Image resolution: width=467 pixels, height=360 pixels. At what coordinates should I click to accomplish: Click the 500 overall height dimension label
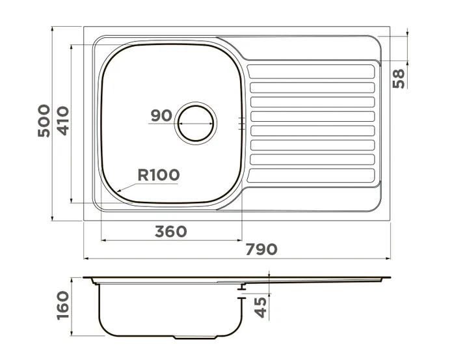(44, 120)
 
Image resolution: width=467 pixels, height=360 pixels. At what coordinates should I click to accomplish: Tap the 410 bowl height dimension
(63, 120)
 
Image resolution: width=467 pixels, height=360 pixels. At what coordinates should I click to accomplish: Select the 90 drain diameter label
(161, 116)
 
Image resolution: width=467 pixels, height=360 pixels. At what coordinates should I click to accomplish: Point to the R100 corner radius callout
(159, 175)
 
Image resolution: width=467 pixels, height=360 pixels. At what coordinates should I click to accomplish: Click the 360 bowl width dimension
(171, 232)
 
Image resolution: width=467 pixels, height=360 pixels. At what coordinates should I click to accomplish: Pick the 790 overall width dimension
(261, 249)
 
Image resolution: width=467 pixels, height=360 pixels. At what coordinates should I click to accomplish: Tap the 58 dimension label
(399, 78)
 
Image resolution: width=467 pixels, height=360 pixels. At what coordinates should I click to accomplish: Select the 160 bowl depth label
(63, 305)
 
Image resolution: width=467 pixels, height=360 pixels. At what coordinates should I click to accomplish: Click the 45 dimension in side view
(261, 307)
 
